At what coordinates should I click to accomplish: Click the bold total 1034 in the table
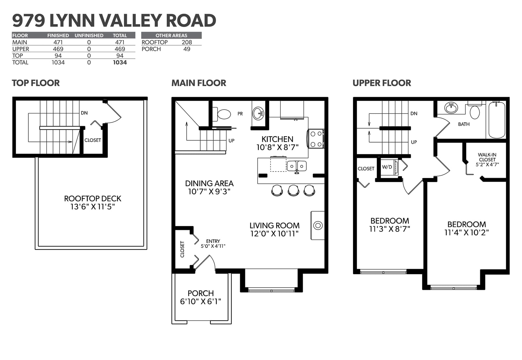point(120,62)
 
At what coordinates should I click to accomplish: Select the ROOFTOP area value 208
point(187,42)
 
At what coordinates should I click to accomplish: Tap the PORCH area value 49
point(187,49)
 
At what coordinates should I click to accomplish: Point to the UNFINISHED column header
point(89,36)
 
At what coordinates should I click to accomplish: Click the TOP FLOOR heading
point(36,83)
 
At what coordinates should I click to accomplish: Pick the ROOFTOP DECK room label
point(93,199)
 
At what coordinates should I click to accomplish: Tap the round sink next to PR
point(258,113)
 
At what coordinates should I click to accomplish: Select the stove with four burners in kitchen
point(316,139)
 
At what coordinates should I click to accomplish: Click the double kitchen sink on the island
point(297,166)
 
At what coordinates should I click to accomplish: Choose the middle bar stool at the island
point(293,190)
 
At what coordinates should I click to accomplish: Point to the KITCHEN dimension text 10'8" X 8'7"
point(277,147)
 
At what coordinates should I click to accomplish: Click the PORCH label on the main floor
point(201,293)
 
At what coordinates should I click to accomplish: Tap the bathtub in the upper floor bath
point(497,120)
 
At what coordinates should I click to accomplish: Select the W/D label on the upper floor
point(387,167)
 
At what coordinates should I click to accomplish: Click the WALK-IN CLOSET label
point(487,157)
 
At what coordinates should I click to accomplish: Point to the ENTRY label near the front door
point(213,241)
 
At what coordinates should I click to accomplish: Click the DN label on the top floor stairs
point(84,113)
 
